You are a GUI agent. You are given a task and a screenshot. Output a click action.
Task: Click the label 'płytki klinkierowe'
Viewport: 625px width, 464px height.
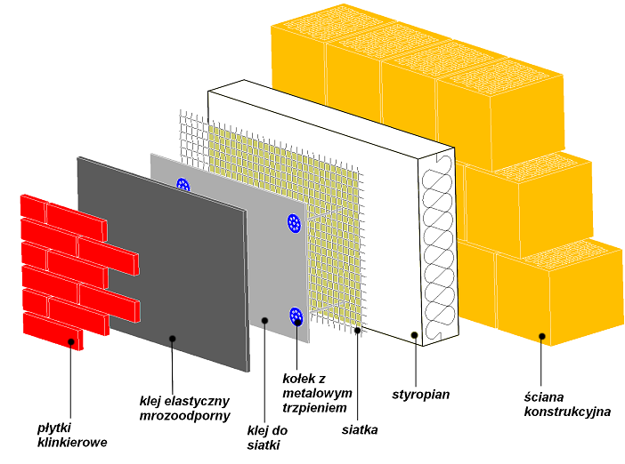pos(71,435)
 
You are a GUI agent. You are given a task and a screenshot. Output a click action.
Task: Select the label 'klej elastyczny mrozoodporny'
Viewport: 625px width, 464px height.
pos(185,407)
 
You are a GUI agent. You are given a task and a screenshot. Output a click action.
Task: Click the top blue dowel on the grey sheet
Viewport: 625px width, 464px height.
pos(183,186)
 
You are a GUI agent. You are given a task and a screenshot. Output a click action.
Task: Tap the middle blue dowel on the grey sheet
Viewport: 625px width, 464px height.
pos(294,223)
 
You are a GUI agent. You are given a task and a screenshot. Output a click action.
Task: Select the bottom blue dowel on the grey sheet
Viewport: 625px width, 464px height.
pos(296,316)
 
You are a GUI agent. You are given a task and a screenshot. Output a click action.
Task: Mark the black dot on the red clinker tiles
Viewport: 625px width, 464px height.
pos(71,340)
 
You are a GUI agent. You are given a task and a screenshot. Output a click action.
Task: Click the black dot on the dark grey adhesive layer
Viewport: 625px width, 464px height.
pos(173,338)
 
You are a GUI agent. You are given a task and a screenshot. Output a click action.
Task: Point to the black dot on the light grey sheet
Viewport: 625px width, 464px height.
pos(264,320)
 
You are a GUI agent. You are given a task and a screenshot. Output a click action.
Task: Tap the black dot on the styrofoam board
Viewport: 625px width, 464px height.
pos(414,335)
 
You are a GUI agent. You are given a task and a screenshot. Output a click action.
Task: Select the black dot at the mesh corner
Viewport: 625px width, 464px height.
pos(357,331)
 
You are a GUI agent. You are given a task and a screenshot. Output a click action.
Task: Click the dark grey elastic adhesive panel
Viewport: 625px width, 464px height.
pos(160,258)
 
